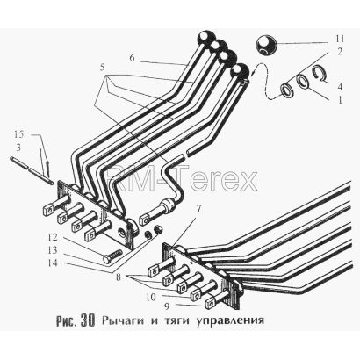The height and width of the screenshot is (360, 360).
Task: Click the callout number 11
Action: [340, 40]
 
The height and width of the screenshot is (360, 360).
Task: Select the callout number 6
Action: [132, 58]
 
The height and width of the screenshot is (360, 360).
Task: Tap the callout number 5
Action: [102, 68]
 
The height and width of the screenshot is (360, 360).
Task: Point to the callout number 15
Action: [19, 135]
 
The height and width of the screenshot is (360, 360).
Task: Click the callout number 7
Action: [198, 209]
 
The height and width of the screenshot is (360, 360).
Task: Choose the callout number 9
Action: [166, 306]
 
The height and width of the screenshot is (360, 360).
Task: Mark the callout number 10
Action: [151, 297]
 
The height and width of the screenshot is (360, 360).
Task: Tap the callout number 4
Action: [340, 87]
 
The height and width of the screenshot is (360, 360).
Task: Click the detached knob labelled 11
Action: [267, 46]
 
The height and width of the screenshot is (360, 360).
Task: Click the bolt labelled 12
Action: [112, 256]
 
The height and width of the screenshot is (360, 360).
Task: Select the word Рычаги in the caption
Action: [123, 320]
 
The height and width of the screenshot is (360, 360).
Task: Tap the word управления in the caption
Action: [230, 320]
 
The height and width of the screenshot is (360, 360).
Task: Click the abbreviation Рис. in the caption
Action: [67, 321]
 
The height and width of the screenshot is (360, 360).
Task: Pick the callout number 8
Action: [119, 277]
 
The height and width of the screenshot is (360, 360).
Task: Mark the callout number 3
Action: [18, 148]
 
